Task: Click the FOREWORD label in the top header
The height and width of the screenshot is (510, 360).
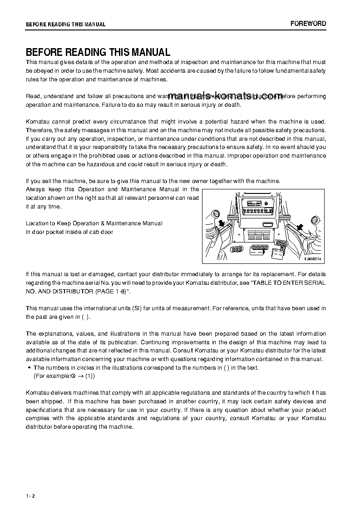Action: point(308,24)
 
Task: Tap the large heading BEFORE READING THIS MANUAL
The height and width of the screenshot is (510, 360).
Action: point(98,52)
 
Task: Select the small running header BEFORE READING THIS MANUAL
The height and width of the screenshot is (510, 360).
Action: point(65,25)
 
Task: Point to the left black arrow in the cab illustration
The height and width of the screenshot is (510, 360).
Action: point(222,223)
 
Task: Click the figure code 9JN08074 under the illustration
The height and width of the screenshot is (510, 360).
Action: point(313,259)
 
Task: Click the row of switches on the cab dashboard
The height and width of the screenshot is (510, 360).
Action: point(259,211)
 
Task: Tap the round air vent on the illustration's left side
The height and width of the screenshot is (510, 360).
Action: point(216,214)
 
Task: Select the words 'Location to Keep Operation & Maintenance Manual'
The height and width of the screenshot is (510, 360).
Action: point(94,223)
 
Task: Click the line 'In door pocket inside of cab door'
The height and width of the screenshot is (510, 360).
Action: point(69,232)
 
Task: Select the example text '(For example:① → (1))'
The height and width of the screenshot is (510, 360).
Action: point(64,376)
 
